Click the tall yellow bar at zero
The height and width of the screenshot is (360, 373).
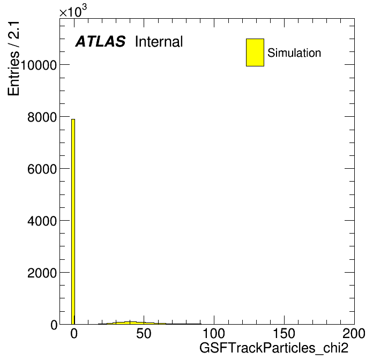point(73,221)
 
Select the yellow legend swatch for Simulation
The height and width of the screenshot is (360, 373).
point(255,52)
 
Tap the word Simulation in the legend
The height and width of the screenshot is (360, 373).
point(294,53)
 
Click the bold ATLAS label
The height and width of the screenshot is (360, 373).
point(100,41)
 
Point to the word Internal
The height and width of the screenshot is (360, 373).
point(159,42)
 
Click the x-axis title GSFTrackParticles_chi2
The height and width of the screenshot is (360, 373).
point(274,348)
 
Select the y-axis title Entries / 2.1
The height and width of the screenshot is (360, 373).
point(13,58)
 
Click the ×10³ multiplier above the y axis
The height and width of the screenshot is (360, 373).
point(73,11)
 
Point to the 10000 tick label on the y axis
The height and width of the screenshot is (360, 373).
point(39,65)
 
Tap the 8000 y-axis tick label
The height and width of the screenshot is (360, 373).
point(42,117)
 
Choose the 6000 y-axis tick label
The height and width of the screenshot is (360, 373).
point(42,169)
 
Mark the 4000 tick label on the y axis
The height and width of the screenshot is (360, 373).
point(42,221)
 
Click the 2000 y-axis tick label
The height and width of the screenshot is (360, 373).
point(42,273)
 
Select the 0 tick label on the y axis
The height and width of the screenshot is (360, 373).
point(54,325)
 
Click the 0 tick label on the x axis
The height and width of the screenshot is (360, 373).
point(74,333)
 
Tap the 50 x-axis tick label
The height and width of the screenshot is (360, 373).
point(144,333)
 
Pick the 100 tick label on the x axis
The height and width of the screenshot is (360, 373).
point(214,333)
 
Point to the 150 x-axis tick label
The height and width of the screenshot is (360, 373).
point(284,333)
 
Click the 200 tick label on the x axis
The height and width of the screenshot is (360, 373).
point(354,333)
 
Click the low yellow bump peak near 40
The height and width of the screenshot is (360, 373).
point(130,322)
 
